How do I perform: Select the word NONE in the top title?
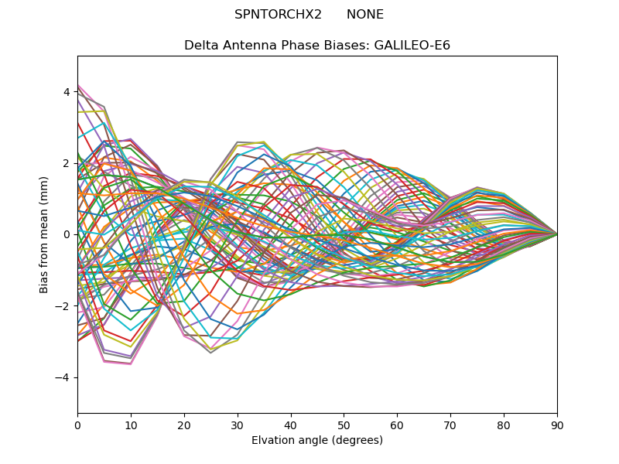coord(365,15)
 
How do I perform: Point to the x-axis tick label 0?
coord(77,425)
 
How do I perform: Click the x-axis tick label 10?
coord(131,425)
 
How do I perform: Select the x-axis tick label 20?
coord(184,425)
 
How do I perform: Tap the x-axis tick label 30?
coord(238,425)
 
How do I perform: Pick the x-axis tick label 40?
coord(291,425)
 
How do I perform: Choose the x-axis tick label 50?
coord(344,425)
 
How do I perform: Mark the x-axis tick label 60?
coord(397,425)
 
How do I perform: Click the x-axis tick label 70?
coord(450,425)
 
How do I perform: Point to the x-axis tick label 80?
coord(504,425)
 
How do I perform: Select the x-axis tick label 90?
coord(557,425)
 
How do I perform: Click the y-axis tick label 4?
coord(67,92)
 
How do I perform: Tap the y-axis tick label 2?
coord(67,163)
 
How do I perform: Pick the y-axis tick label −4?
coord(63,377)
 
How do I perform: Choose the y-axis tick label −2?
coord(63,306)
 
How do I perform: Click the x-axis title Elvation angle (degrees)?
coord(317,441)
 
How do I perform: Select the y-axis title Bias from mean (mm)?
coord(45,234)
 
